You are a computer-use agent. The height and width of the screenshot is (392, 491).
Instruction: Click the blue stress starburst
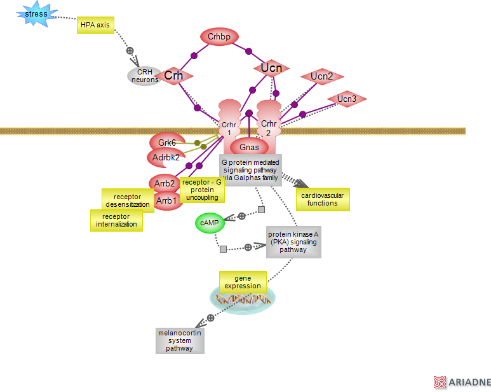point(36,14)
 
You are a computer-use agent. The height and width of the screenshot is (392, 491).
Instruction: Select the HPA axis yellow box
point(95,25)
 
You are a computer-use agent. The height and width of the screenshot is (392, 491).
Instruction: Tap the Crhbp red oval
point(219,37)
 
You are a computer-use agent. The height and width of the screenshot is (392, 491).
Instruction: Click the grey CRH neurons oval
point(144,76)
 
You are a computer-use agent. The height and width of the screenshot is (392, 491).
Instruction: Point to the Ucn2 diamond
point(322,77)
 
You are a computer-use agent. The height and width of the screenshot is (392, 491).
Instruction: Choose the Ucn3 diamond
point(346,99)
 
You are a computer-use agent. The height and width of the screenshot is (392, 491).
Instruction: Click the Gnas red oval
point(249,148)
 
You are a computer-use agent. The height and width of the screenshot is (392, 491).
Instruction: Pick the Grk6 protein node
point(167,143)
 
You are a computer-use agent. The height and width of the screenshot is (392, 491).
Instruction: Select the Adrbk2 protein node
point(166,157)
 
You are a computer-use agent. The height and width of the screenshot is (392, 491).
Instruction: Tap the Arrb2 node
point(165,183)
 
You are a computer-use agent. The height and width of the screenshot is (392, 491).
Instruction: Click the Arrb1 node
point(166,201)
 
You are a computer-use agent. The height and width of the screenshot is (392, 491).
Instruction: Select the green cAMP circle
point(210,223)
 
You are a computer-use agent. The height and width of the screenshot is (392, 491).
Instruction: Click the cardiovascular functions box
point(323,199)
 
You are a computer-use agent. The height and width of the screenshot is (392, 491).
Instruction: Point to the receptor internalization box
point(116,220)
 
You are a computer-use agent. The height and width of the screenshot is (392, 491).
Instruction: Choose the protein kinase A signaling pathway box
point(293,242)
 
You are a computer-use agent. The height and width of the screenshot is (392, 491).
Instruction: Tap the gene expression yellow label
point(242,282)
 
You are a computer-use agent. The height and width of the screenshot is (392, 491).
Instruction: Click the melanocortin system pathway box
point(180,340)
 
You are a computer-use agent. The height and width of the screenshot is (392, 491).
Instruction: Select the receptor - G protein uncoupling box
point(202,190)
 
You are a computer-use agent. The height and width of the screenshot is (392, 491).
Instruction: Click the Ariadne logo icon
point(440,382)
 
